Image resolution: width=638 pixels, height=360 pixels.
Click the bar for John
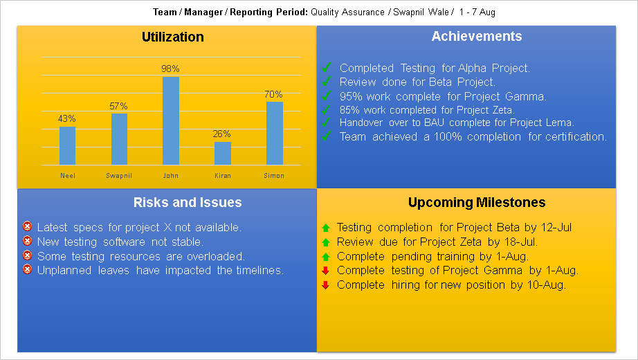171,120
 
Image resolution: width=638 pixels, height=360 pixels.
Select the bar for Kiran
222,153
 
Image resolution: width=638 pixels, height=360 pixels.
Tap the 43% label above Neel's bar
68,118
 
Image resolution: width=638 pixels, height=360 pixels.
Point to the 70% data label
273,94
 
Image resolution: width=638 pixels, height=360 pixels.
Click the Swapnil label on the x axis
119,176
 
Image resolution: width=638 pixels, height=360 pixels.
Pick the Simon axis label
274,176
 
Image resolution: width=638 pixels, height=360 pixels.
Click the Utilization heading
173,37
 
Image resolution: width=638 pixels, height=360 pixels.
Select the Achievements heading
476,37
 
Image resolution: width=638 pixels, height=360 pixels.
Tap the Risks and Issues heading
188,202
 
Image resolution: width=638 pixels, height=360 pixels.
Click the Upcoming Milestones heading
477,202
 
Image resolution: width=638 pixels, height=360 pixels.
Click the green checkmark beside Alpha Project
327,67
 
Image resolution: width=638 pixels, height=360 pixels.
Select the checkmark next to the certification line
327,136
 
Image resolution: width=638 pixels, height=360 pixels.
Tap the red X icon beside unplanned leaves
27,269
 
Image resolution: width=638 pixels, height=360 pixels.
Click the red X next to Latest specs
27,226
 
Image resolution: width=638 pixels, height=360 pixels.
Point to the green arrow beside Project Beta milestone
326,227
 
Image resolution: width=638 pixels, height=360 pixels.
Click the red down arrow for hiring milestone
326,285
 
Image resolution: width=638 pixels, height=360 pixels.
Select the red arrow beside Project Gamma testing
326,270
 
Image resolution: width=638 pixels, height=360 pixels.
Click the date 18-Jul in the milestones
521,242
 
